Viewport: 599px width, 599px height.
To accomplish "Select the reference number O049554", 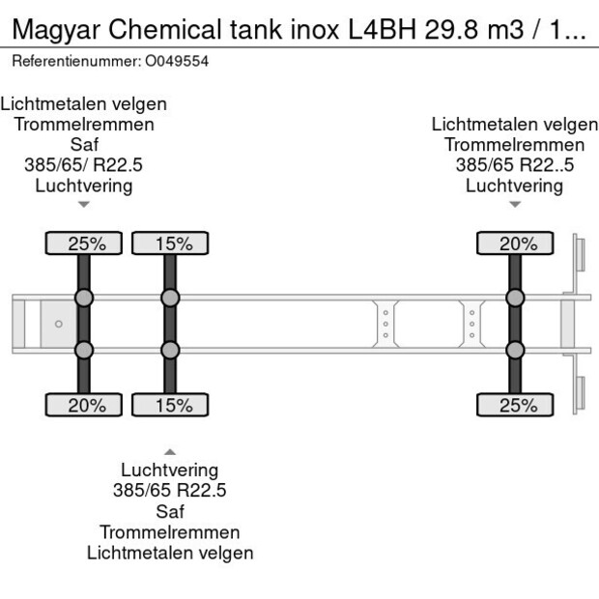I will coord(176,61).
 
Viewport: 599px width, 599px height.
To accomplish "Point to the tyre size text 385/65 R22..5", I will coord(515,165).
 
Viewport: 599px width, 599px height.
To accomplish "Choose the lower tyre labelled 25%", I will coord(518,405).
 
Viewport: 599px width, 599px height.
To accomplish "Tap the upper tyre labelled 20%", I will coord(518,243).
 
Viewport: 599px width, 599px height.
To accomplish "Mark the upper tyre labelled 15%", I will coord(171,243).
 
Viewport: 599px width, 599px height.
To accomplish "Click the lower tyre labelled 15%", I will coord(171,405).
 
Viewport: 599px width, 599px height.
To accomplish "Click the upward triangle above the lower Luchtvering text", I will coord(170,451).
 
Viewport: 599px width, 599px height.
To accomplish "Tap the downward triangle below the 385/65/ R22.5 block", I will coord(83,204).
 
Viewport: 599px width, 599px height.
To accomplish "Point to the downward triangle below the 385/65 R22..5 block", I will coord(515,204).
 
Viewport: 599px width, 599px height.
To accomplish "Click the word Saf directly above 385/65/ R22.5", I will coord(83,145).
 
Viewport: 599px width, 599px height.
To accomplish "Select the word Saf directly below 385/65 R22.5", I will coord(170,511).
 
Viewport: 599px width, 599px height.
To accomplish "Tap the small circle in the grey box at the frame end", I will coord(58,324).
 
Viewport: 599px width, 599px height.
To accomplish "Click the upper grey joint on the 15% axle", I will coord(170,298).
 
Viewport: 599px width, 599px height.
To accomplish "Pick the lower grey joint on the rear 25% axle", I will coord(516,350).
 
